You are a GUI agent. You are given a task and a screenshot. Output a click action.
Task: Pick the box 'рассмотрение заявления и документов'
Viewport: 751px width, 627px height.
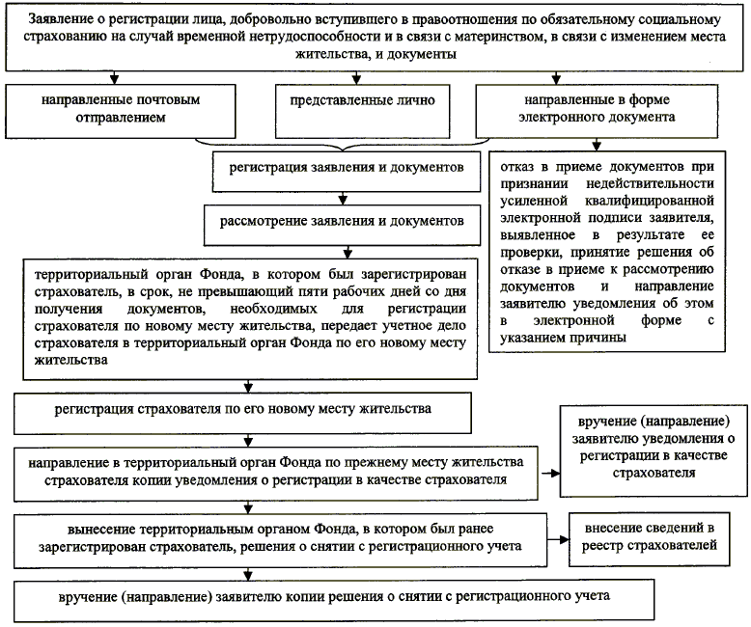tap(342, 221)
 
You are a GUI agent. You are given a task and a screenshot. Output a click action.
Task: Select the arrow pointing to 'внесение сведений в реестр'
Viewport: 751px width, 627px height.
tap(556, 536)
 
